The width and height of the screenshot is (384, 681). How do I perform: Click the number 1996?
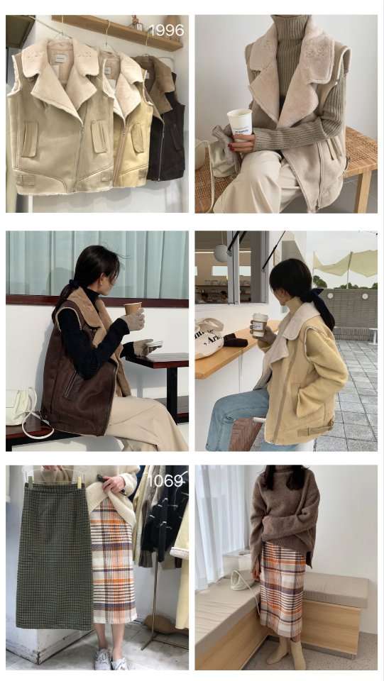165,31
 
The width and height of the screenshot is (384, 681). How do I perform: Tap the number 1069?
165,480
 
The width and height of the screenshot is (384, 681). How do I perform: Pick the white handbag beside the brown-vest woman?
20,407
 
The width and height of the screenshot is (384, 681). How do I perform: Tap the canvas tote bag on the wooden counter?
209,338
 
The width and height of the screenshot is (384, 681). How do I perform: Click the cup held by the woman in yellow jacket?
259,324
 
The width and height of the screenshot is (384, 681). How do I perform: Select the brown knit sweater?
284,511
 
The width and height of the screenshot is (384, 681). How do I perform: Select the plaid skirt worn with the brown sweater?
282,589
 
